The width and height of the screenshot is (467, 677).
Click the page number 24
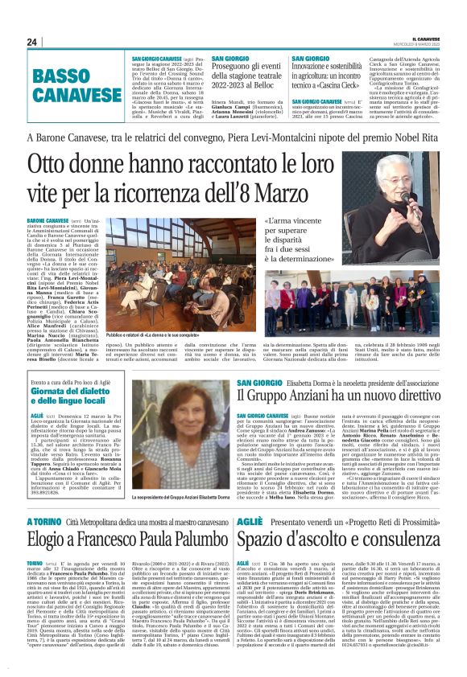pos(32,42)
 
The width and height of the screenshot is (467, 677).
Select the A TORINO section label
pos(43,523)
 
